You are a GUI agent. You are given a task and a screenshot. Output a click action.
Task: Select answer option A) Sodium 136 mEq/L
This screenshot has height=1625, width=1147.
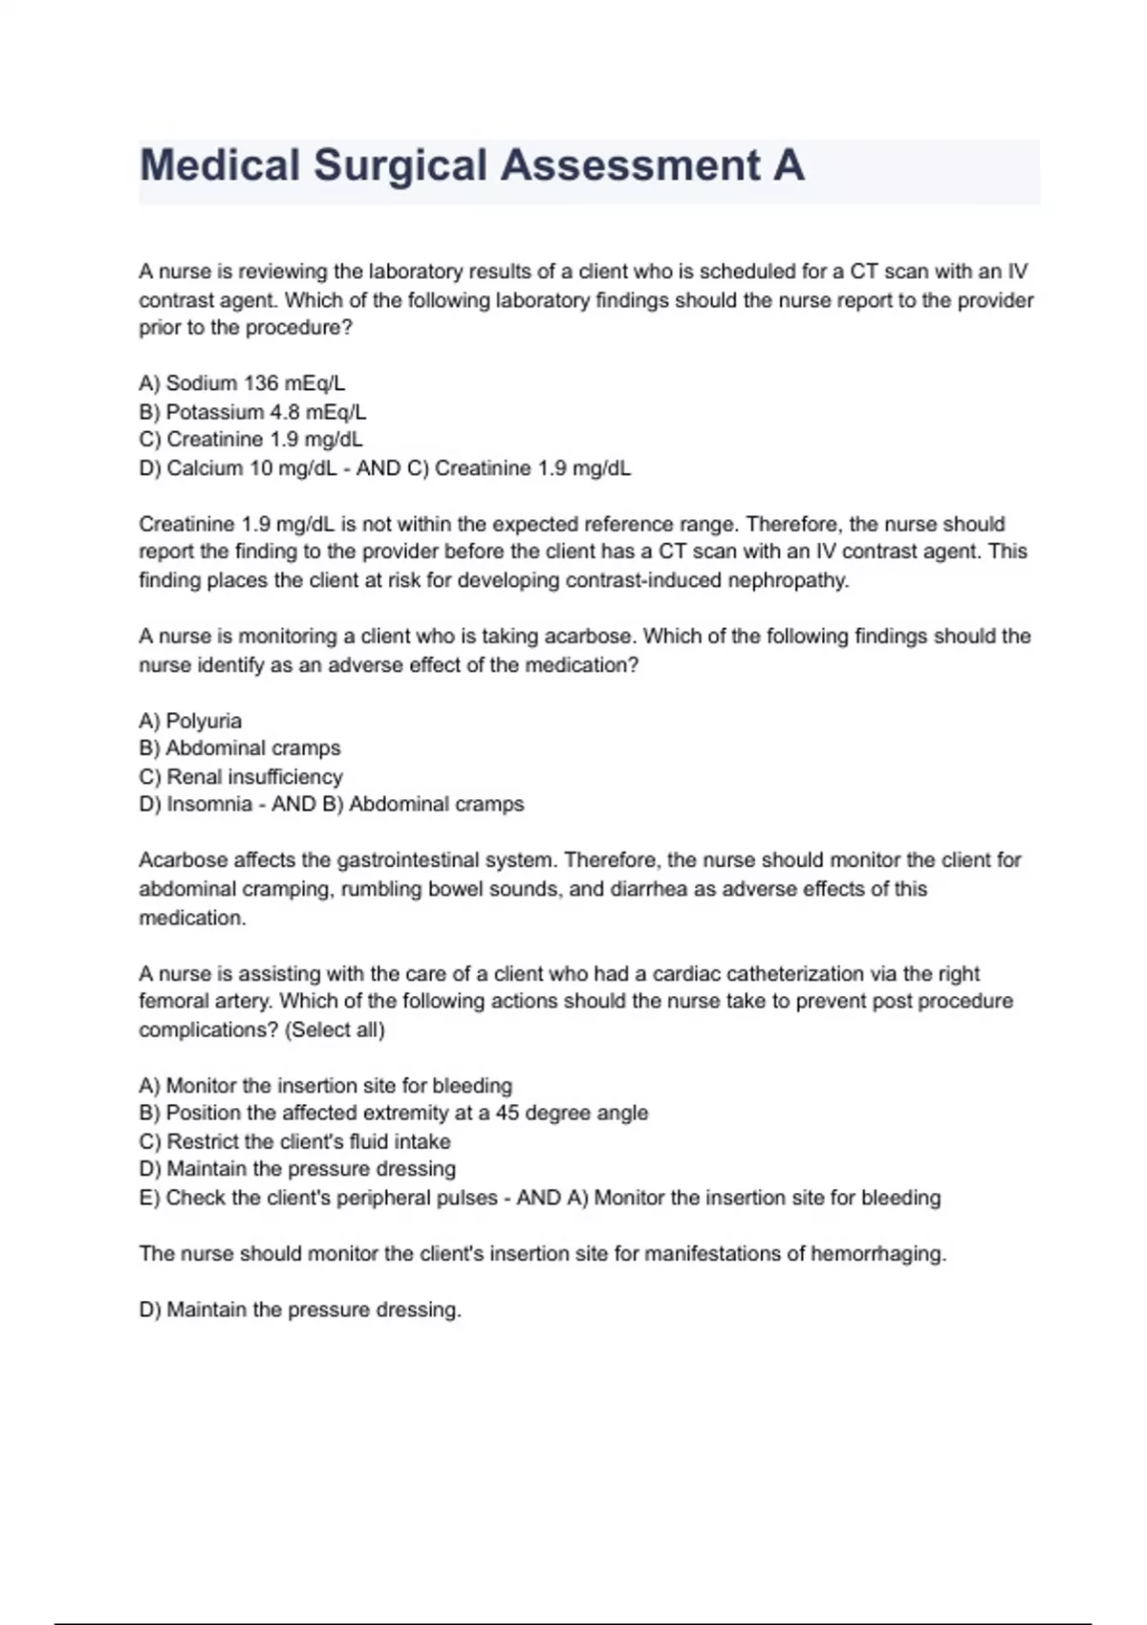242,383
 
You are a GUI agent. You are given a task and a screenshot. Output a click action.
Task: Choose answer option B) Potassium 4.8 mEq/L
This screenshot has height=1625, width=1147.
252,412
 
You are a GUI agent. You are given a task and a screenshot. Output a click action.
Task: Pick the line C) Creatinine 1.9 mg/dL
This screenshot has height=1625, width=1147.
250,440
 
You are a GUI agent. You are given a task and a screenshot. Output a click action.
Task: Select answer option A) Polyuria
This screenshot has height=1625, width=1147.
190,721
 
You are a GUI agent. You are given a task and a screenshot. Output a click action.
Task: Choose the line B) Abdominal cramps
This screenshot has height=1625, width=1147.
240,748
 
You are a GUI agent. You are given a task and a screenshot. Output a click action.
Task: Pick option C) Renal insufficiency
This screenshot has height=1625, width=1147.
241,777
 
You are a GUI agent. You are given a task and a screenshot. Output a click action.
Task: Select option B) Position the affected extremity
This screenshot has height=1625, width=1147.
394,1114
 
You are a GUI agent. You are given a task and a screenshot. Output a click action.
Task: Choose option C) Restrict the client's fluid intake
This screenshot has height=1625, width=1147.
294,1142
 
